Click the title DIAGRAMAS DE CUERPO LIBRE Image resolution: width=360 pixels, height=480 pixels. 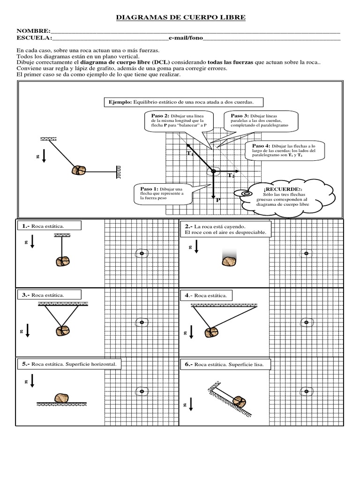pyautogui.click(x=180, y=17)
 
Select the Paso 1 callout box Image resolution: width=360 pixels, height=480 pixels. pyautogui.click(x=162, y=194)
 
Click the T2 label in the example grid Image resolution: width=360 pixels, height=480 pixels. pyautogui.click(x=231, y=176)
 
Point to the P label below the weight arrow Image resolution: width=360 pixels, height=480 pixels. pyautogui.click(x=218, y=200)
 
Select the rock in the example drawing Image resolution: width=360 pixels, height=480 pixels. pyautogui.click(x=79, y=170)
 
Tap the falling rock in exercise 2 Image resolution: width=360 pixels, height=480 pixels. pyautogui.click(x=230, y=261)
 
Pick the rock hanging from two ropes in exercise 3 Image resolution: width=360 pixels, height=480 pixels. pyautogui.click(x=62, y=331)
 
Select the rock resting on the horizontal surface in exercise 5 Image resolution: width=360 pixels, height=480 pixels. pyautogui.click(x=62, y=398)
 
